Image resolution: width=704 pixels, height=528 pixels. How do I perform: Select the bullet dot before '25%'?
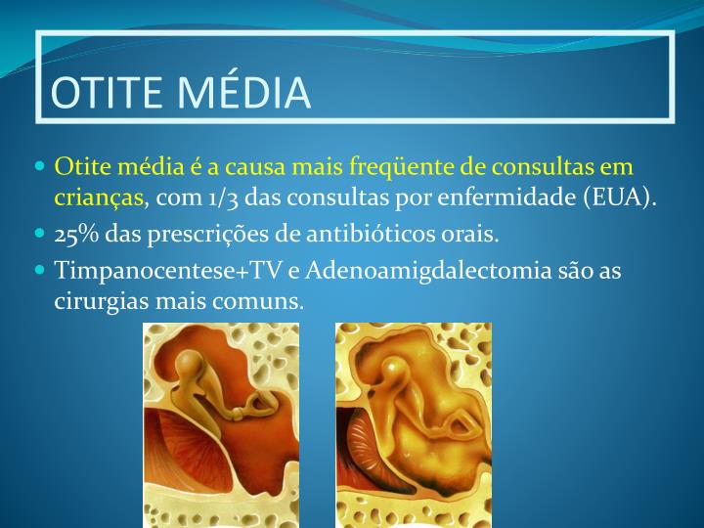pyautogui.click(x=40, y=235)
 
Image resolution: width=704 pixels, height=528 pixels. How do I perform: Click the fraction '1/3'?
pyautogui.click(x=222, y=198)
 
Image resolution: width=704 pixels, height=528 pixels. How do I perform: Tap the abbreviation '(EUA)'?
pyautogui.click(x=620, y=198)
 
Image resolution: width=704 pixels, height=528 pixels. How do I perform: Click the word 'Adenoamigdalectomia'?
pyautogui.click(x=408, y=270)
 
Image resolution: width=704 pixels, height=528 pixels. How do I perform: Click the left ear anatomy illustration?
pyautogui.click(x=221, y=425)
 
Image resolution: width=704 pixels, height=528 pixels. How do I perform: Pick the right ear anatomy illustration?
pyautogui.click(x=414, y=425)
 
